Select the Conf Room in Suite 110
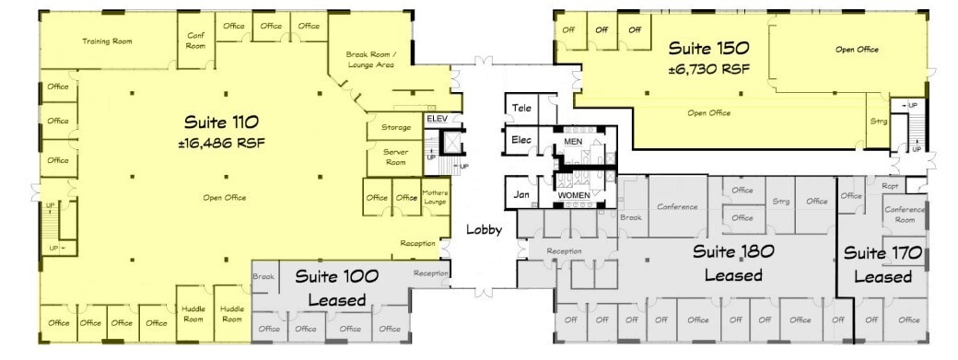tap(195, 40)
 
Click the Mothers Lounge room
tap(434, 197)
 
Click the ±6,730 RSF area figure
tap(708, 68)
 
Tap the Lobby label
tap(484, 230)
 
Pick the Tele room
tap(522, 107)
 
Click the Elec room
tap(521, 140)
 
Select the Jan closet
tap(520, 194)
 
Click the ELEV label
tap(436, 119)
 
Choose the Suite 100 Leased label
tap(330, 287)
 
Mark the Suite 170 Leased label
tap(882, 264)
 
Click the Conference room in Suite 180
tap(677, 207)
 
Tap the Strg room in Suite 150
tap(878, 121)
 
